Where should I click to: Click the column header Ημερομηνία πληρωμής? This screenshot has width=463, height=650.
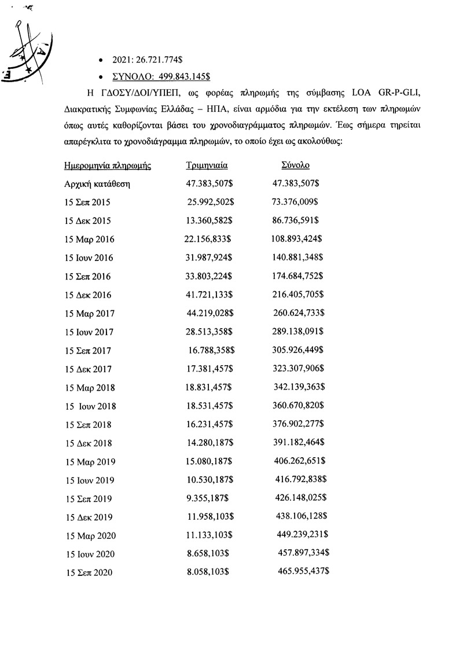pyautogui.click(x=107, y=166)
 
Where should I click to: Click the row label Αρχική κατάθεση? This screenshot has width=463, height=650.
pyautogui.click(x=97, y=184)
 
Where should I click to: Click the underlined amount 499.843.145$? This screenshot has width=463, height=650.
pyautogui.click(x=173, y=76)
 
